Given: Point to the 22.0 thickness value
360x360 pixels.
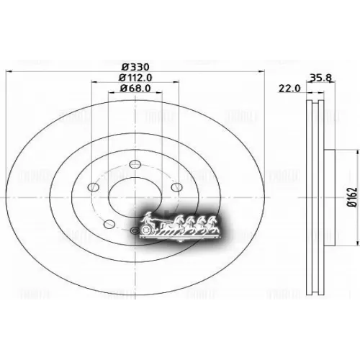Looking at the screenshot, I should coord(290,89).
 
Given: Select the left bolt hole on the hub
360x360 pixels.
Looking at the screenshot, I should coord(91,189).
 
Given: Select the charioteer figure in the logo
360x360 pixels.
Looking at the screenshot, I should coord(148,217).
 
